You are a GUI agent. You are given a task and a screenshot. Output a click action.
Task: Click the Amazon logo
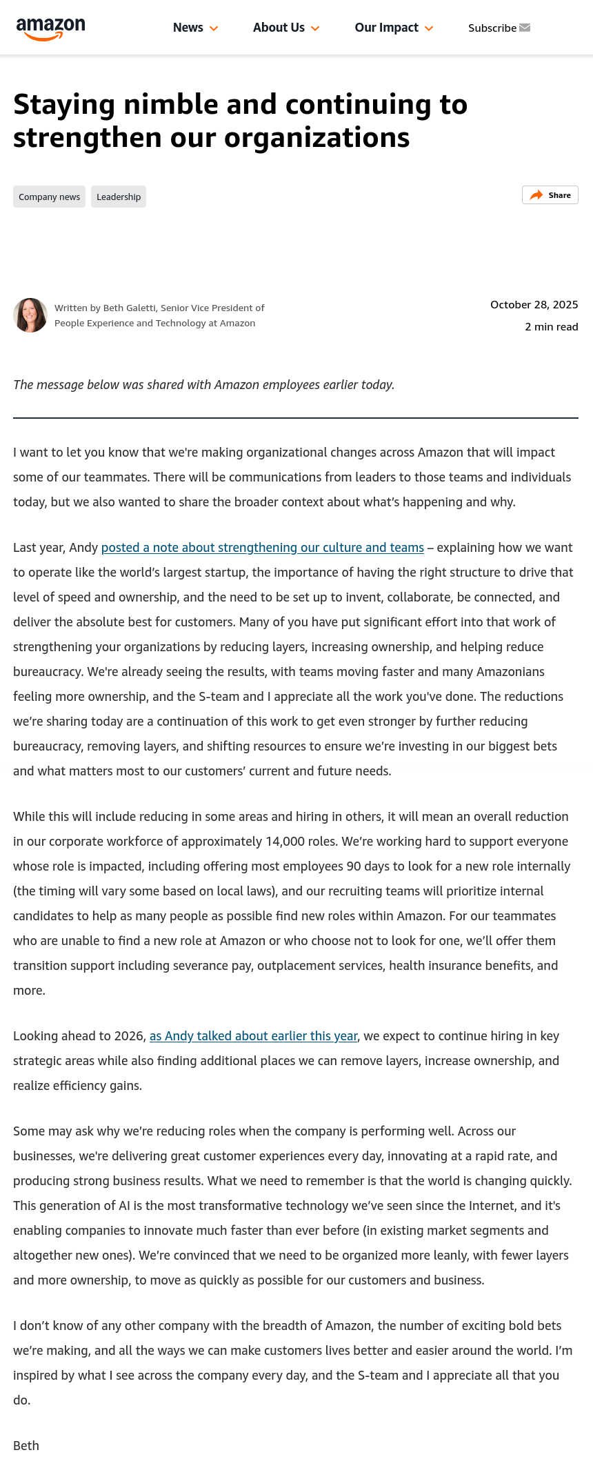(x=50, y=28)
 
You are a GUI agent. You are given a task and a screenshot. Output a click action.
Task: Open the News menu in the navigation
(x=188, y=28)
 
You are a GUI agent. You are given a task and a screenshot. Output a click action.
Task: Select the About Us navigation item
(x=279, y=28)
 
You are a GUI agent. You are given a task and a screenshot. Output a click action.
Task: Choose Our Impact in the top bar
(x=386, y=28)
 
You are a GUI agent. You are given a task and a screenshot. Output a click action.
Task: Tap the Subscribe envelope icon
(x=525, y=28)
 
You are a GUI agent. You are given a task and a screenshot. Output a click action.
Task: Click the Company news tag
(x=49, y=197)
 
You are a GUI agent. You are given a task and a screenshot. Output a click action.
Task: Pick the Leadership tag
(x=119, y=197)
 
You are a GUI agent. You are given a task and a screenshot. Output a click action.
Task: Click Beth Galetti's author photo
(x=30, y=315)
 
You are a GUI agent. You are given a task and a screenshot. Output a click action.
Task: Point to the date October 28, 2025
(x=534, y=305)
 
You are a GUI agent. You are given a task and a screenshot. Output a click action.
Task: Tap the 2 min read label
(x=551, y=327)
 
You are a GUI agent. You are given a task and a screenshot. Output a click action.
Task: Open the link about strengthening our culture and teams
(x=262, y=548)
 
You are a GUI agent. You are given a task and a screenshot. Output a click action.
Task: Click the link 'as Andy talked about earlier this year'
(x=253, y=1036)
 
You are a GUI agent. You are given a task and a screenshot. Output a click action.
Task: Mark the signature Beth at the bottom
(x=26, y=1446)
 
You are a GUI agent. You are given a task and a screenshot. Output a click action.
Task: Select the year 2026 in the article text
(x=127, y=1036)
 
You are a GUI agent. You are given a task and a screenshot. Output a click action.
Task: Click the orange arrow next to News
(x=214, y=28)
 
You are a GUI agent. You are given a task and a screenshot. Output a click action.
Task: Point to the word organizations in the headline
(x=316, y=138)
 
